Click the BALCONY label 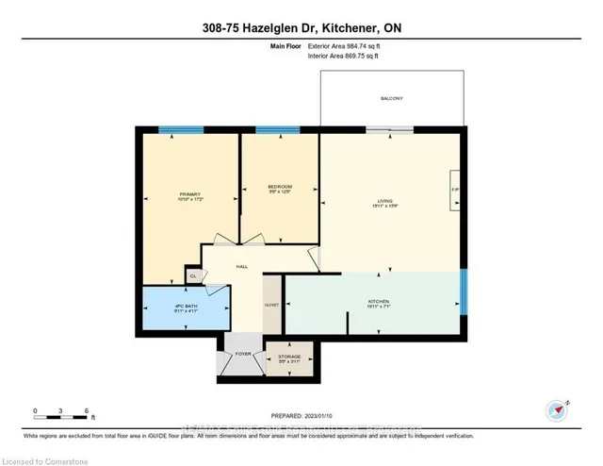coord(391,99)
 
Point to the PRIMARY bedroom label coord(190,194)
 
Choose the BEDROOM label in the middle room coord(280,188)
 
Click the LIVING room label coord(384,200)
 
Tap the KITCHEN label coord(379,303)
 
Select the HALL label coord(241,267)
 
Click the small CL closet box coord(191,276)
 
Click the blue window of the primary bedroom coord(181,129)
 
